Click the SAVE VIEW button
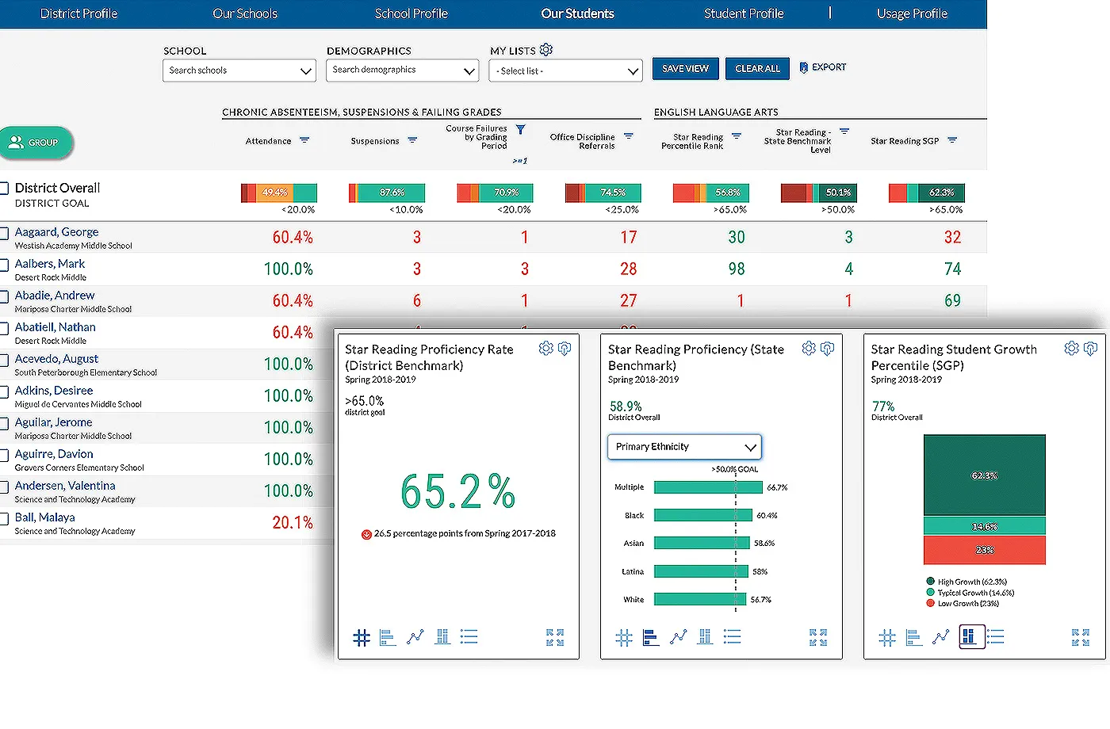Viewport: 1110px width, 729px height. pos(685,69)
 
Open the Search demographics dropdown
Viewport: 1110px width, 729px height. pos(403,71)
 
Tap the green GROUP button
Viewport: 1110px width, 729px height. pos(36,143)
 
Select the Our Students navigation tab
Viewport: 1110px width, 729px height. pos(577,13)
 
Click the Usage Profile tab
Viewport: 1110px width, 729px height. pos(912,13)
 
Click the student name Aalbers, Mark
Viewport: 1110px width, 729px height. pos(50,264)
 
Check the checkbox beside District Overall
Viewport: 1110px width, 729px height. pos(4,188)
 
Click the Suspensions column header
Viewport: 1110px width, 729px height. pos(375,141)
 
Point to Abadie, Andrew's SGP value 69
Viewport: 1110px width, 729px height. pos(952,301)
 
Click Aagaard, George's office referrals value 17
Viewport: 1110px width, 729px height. pos(628,238)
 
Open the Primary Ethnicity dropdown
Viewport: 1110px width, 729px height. pos(684,447)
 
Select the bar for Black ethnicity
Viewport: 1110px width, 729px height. pos(702,516)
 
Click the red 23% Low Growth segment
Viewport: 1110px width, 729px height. pos(984,550)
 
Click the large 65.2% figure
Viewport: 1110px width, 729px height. pos(458,492)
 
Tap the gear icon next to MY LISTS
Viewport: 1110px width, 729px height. pos(546,50)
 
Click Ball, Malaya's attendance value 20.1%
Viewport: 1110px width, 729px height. pos(293,523)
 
